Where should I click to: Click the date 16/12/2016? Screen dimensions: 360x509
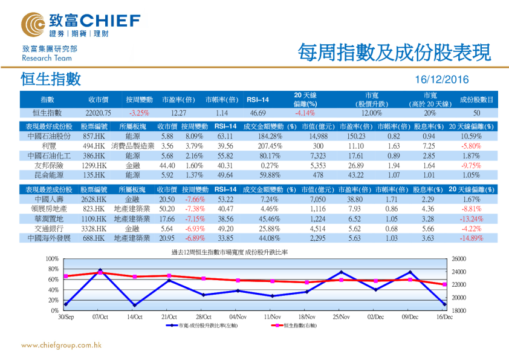(x=443, y=80)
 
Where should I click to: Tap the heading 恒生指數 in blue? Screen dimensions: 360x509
(x=50, y=79)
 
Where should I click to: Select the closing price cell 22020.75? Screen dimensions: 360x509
(x=99, y=113)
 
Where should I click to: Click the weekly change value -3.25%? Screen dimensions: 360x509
(x=139, y=113)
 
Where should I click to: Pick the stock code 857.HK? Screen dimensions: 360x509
(x=94, y=137)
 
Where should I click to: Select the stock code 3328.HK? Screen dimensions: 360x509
(x=94, y=229)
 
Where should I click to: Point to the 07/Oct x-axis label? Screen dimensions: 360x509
(x=100, y=316)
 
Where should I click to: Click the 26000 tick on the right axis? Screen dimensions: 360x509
(x=459, y=259)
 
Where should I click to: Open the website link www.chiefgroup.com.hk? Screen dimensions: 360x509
(x=61, y=345)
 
